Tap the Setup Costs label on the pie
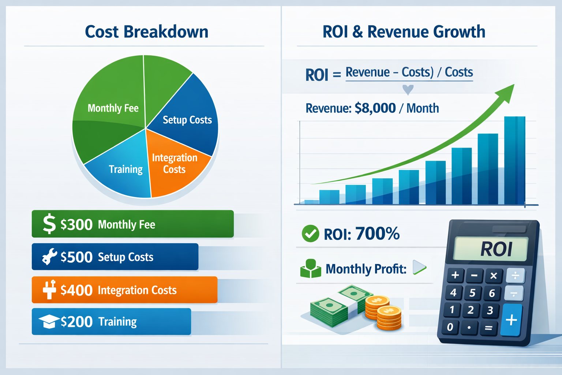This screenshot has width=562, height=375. [x=187, y=120]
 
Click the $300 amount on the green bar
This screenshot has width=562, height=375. [x=76, y=224]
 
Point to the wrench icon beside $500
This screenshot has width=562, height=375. [x=49, y=257]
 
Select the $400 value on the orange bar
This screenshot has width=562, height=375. [x=76, y=290]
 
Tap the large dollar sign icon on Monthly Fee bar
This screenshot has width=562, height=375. [x=49, y=224]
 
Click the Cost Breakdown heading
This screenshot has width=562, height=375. [x=146, y=32]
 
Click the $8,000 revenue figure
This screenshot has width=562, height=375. [x=375, y=108]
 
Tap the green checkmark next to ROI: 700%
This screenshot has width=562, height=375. [x=310, y=234]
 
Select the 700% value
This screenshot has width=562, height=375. [x=377, y=234]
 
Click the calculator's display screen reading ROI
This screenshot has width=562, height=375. [x=490, y=249]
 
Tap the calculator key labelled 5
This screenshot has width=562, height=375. [x=472, y=293]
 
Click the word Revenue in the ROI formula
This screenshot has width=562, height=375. [x=367, y=72]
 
